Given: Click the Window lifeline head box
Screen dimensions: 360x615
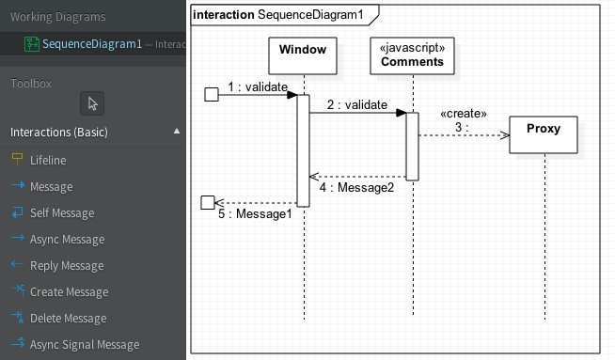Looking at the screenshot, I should click(304, 55).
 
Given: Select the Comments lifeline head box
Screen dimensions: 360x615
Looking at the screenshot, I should click(412, 55).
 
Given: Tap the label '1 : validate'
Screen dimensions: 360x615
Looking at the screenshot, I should click(257, 86).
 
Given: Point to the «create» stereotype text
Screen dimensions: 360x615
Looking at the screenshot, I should click(464, 115).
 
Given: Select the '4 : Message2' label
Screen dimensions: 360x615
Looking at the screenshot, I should click(356, 187).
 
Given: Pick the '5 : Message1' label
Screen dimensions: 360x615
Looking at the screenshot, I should click(255, 214).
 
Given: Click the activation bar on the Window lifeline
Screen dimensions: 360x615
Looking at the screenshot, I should click(304, 149).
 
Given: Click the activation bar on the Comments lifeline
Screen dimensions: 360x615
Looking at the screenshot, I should click(412, 145).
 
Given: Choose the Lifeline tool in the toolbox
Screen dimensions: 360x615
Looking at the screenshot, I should click(48, 161).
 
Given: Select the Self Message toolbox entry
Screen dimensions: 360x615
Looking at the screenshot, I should click(62, 213).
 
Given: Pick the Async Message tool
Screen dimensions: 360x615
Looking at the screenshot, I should click(67, 240).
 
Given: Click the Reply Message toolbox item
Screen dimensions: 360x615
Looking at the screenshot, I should click(67, 266).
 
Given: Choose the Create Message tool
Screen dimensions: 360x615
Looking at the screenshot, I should click(69, 292).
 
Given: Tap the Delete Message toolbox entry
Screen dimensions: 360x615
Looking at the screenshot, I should click(68, 319).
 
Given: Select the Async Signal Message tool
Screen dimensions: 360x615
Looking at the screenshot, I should click(84, 345).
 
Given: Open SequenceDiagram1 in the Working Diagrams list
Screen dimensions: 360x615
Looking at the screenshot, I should click(92, 43).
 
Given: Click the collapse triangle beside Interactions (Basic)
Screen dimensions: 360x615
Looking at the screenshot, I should click(177, 133).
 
